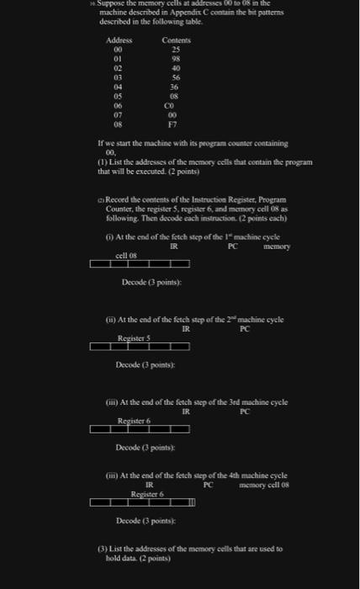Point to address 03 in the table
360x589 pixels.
pos(118,77)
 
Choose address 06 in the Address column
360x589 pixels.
pos(118,105)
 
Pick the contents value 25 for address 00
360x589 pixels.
pos(174,50)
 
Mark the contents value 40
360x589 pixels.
pos(174,68)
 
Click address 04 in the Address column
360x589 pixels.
pos(118,87)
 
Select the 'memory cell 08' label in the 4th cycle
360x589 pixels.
pos(264,486)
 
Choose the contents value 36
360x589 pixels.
pos(174,87)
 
